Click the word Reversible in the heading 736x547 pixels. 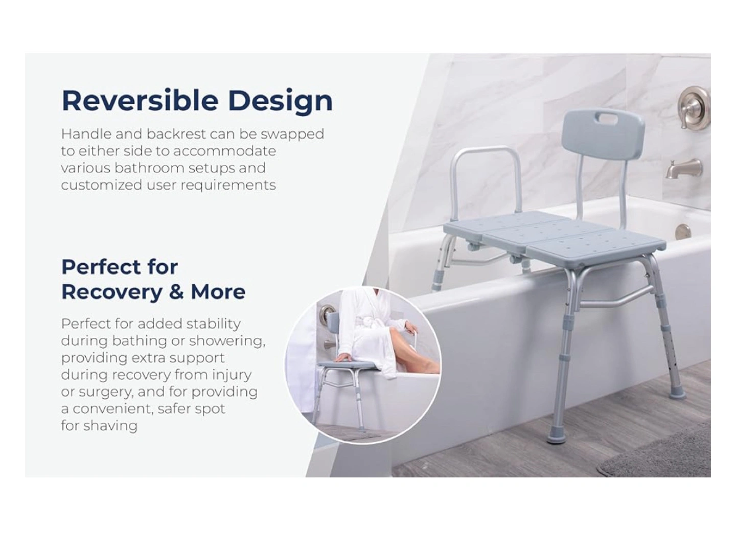[x=140, y=100]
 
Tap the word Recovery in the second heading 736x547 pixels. [x=111, y=292]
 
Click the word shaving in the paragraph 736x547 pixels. [x=110, y=425]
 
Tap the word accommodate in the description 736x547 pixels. [x=225, y=151]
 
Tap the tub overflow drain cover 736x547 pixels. [x=683, y=232]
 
